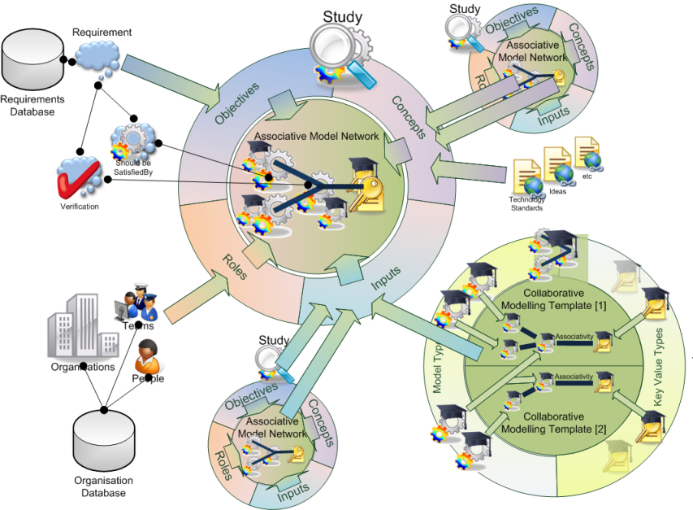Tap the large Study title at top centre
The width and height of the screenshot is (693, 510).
342,16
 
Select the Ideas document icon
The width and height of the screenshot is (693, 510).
558,165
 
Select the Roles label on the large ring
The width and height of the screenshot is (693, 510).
236,268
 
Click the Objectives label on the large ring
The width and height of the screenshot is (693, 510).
237,103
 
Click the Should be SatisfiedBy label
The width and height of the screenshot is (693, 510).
132,167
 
